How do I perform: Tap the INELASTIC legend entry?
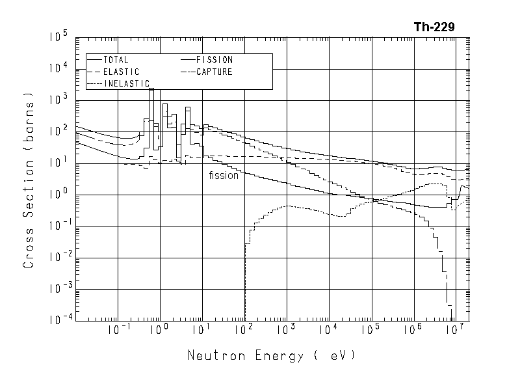[127, 83]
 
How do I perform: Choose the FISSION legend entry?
[214, 60]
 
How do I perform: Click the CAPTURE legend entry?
[214, 72]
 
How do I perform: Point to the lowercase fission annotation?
[224, 175]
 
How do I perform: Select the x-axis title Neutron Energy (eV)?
[272, 356]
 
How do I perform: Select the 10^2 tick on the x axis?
[244, 330]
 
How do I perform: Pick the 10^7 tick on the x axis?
[454, 330]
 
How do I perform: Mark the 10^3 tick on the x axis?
[286, 330]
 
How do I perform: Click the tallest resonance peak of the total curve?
[151, 89]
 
